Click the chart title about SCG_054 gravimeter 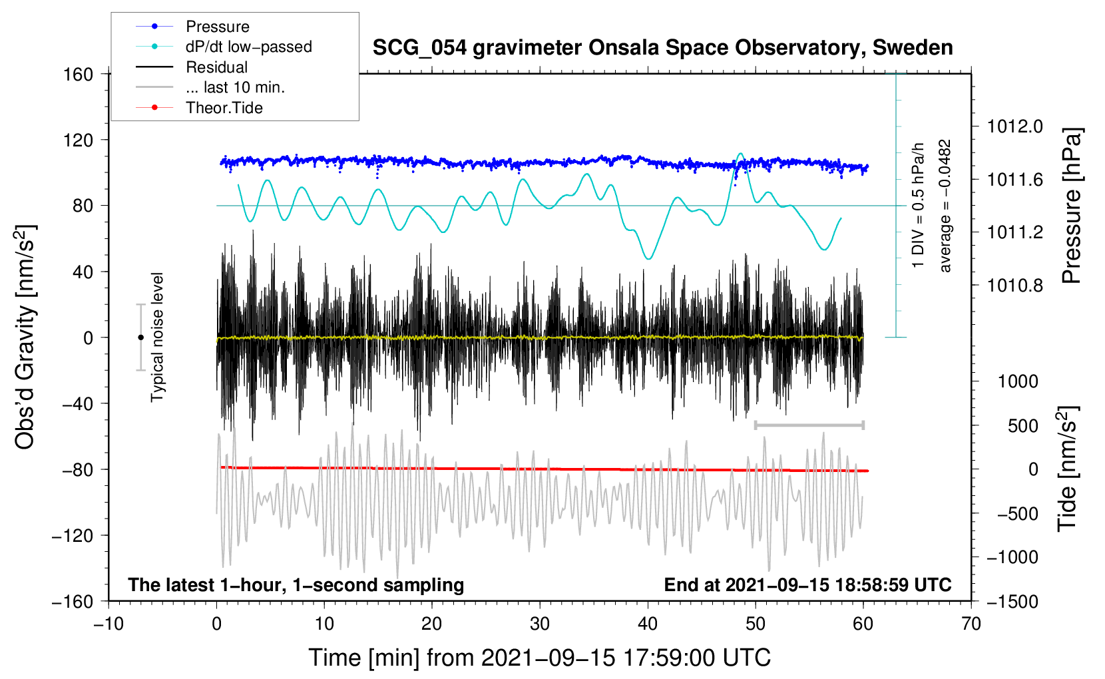(x=662, y=48)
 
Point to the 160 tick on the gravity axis (x=79, y=74)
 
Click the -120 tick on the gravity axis (x=73, y=535)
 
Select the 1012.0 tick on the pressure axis (x=1014, y=126)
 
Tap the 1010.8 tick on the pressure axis (x=1014, y=286)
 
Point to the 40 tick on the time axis (x=648, y=624)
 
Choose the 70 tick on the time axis (x=971, y=624)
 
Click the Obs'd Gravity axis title (x=25, y=338)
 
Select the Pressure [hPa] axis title (x=1071, y=206)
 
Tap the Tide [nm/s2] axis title (x=1068, y=469)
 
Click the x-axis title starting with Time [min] (x=539, y=658)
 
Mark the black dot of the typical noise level (x=140, y=338)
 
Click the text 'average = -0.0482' (x=945, y=206)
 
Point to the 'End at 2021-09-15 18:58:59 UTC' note (x=807, y=584)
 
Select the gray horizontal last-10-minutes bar (x=809, y=425)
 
